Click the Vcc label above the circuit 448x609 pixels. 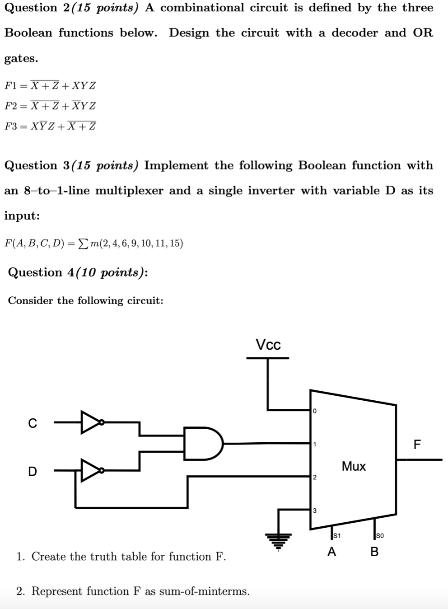(268, 345)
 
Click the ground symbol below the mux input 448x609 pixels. (278, 538)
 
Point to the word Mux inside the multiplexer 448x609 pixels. (354, 466)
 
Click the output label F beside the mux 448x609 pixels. (417, 445)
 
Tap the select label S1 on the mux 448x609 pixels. (336, 536)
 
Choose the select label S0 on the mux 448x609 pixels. (380, 536)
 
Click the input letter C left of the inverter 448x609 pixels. (33, 423)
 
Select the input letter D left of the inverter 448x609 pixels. (33, 472)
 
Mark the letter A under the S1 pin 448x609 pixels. (332, 552)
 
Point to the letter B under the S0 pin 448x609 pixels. (374, 552)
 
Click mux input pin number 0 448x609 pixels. (314, 411)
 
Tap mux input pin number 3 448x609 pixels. (314, 511)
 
